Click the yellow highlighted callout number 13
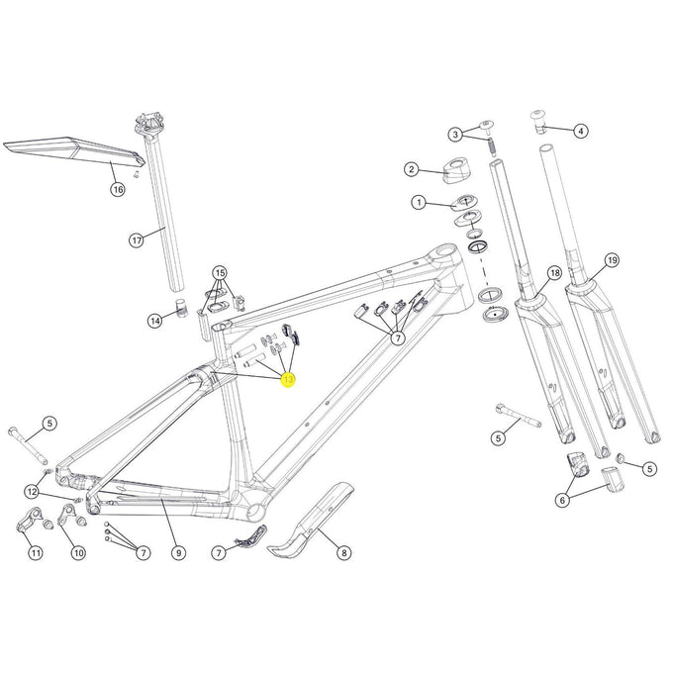point(289,379)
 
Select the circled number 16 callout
point(117,189)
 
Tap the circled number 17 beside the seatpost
point(138,238)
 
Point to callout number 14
point(154,320)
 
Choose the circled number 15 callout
point(220,272)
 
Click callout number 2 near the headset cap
point(412,170)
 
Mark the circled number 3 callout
point(455,135)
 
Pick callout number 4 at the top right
point(580,130)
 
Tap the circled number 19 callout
point(612,259)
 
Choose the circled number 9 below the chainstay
point(178,553)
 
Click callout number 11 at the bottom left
point(35,553)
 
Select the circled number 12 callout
point(33,492)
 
